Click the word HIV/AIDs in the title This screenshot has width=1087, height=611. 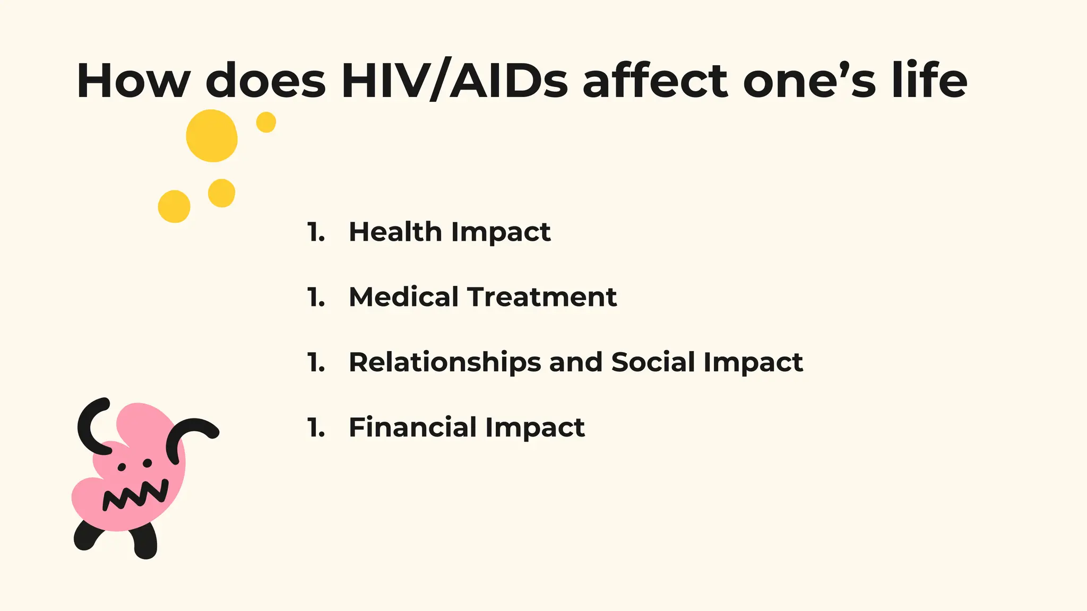[454, 81]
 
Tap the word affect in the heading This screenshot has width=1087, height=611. [655, 81]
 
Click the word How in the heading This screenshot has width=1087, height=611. [133, 81]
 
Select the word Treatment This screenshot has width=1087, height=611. [542, 297]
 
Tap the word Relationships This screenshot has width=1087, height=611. [445, 362]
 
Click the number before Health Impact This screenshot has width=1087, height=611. [316, 232]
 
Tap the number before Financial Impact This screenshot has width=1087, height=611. [316, 427]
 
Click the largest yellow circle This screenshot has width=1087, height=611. [212, 136]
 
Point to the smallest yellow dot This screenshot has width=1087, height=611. [266, 122]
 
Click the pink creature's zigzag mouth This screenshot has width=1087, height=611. [135, 495]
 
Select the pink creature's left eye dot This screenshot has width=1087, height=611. [122, 467]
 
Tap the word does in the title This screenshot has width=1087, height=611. [265, 81]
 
